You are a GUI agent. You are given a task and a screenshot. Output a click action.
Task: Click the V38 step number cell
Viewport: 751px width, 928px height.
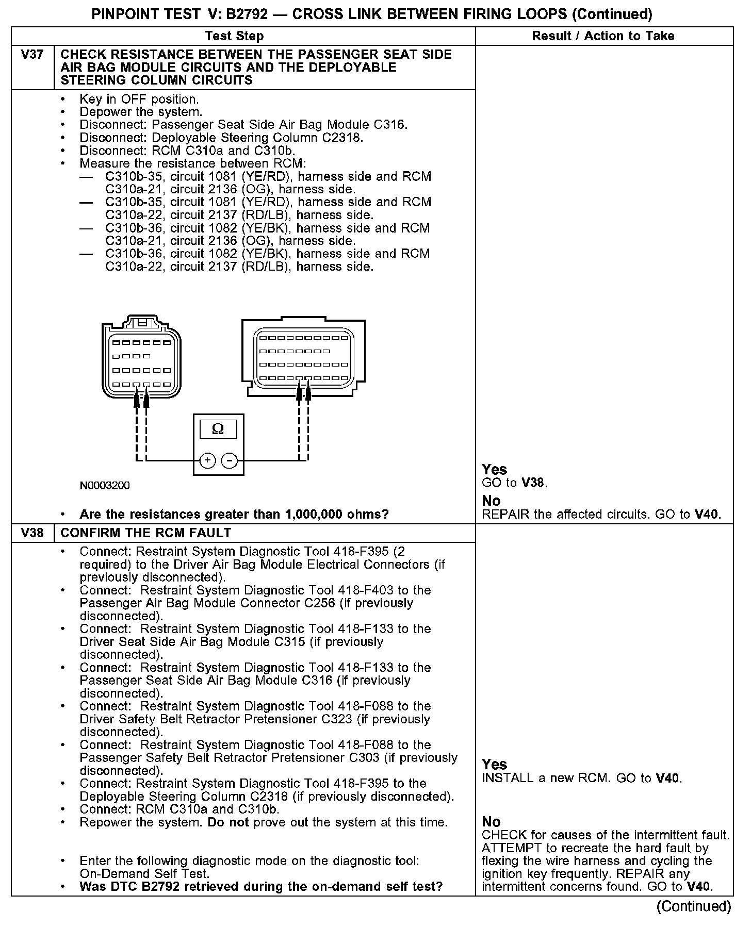point(32,533)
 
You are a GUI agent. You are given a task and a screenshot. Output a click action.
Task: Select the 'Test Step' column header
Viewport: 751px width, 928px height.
point(234,36)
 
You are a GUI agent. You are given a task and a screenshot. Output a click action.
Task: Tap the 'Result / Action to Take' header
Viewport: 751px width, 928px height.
point(603,36)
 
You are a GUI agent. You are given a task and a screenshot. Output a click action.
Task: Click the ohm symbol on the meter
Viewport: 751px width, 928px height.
point(218,429)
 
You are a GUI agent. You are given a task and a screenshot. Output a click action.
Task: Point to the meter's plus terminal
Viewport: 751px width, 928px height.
point(207,460)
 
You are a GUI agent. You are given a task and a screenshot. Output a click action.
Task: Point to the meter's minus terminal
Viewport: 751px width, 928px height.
point(230,460)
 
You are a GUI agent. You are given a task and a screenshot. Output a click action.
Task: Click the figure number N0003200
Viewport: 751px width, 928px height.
point(105,486)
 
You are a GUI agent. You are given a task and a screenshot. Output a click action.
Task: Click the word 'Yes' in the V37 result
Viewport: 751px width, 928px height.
point(494,470)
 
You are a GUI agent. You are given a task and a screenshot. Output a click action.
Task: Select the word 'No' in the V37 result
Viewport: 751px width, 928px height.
point(491,501)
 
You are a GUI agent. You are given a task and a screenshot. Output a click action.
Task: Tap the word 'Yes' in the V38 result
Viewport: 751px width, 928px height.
point(494,765)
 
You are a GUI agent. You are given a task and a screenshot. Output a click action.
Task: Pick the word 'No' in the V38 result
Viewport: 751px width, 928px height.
point(491,822)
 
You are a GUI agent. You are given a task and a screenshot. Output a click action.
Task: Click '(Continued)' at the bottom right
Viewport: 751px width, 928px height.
point(693,907)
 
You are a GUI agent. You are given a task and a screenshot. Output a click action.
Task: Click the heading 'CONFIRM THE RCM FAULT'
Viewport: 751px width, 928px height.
point(146,533)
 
